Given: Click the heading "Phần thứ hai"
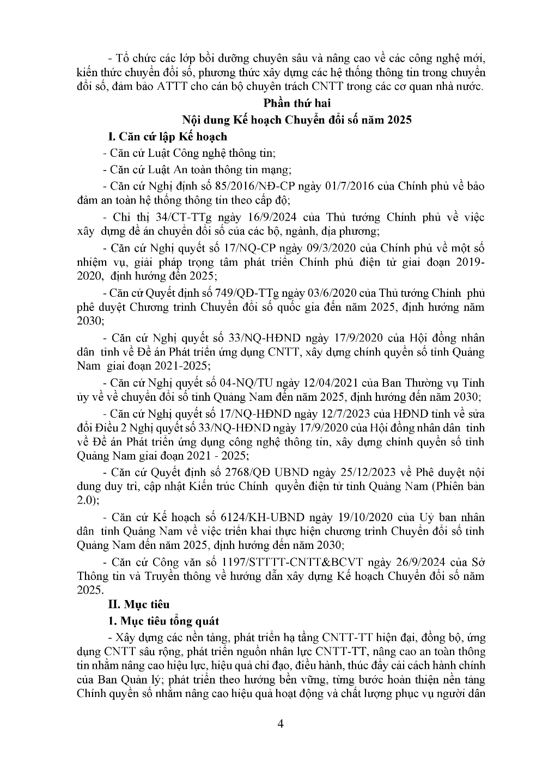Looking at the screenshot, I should [x=297, y=103].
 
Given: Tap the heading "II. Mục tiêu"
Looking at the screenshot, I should [x=139, y=604].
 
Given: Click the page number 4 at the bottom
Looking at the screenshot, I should [x=281, y=724].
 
